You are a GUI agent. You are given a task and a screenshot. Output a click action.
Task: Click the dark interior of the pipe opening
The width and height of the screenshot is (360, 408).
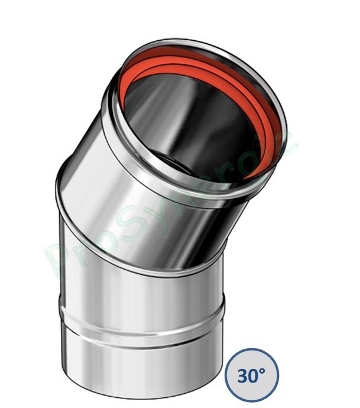tap(195, 112)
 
